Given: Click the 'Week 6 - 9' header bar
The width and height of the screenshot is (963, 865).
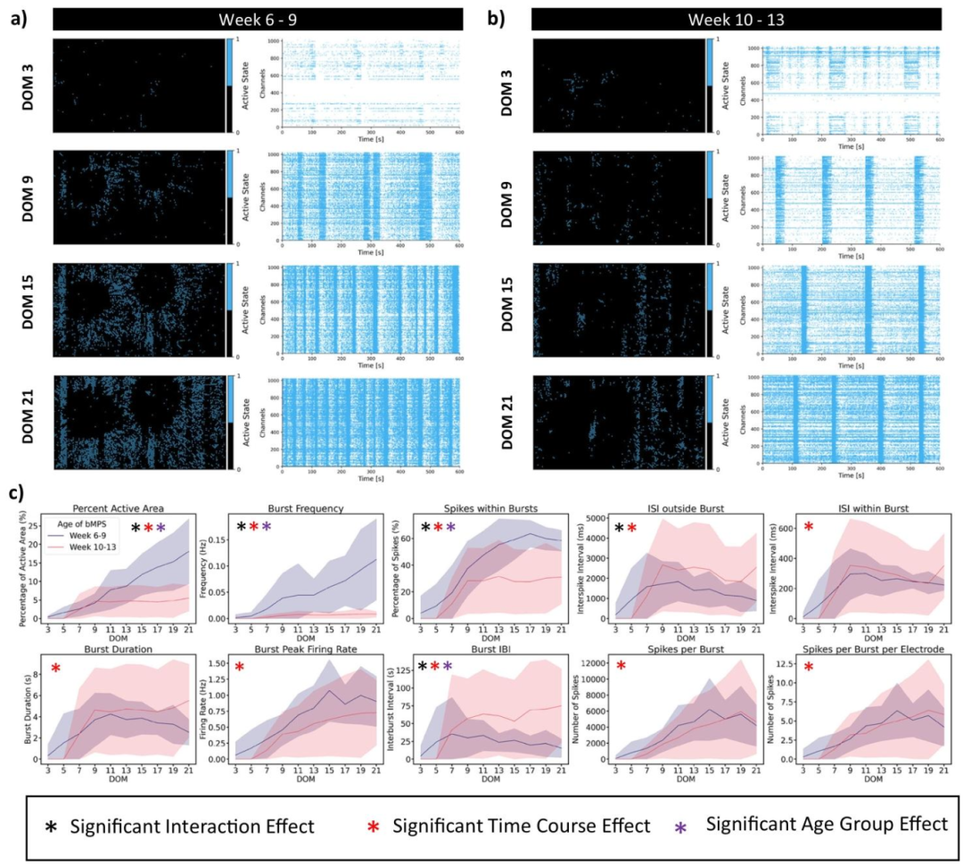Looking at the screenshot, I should coord(257,19).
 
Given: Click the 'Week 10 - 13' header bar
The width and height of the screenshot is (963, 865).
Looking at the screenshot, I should coord(736,19).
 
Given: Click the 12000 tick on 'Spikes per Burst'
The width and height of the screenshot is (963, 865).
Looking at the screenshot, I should coord(610,665).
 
